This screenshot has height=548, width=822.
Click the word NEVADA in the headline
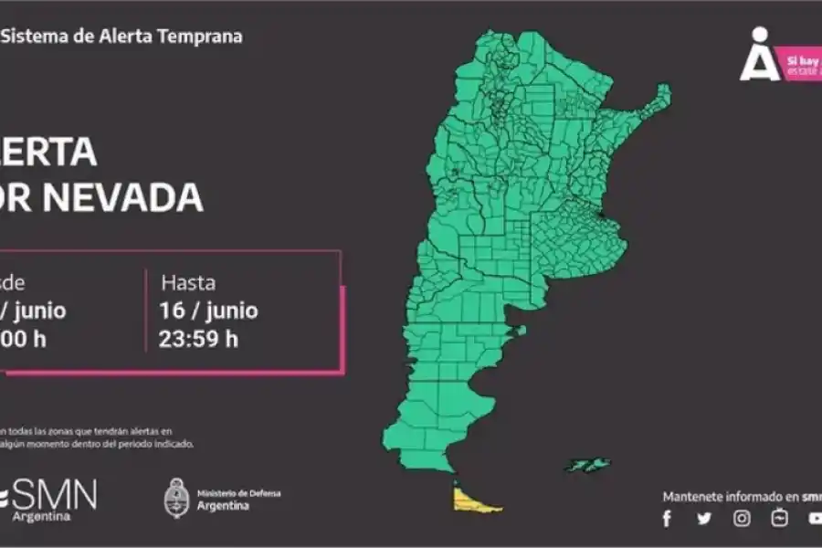click(136, 198)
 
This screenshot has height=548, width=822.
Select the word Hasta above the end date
click(188, 282)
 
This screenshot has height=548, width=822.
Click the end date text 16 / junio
click(209, 311)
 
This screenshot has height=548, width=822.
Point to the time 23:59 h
click(199, 339)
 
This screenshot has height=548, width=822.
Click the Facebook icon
click(667, 519)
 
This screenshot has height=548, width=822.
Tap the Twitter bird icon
click(704, 519)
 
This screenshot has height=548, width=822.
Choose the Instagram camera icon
click(743, 519)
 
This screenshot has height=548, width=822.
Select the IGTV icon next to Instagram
click(779, 518)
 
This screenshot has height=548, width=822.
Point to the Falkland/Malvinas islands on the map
click(586, 465)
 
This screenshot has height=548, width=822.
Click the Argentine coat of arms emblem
click(176, 498)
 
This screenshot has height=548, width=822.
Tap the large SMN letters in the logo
click(55, 495)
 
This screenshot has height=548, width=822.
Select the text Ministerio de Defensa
click(239, 493)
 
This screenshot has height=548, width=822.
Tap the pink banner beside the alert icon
click(802, 66)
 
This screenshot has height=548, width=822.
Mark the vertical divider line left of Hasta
click(146, 311)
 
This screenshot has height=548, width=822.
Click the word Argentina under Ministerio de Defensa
click(223, 506)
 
